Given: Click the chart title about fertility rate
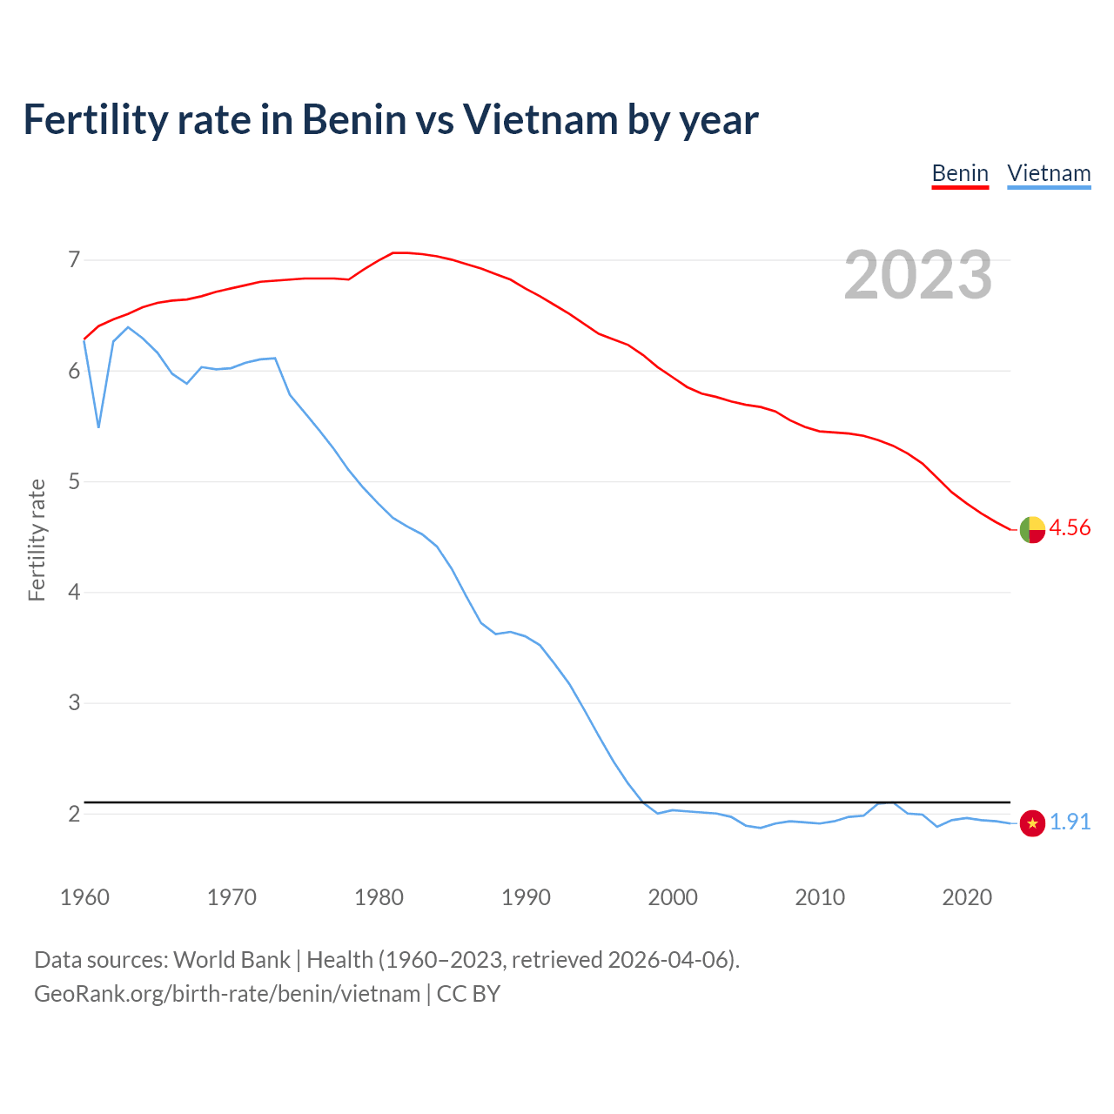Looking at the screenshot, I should (391, 119).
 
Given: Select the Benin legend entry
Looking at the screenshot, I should (960, 173).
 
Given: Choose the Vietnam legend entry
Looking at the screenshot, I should (1049, 173).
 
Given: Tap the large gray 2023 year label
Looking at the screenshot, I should (918, 275).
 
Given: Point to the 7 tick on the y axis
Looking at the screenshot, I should (74, 259).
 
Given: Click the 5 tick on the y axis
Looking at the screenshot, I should (74, 481).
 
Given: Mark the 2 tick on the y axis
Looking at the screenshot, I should (74, 814).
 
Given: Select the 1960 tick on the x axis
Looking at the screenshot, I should (84, 897).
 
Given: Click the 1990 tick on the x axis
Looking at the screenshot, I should (526, 897).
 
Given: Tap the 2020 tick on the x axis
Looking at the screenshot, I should (967, 897).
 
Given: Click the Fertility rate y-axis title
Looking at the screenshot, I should (37, 540).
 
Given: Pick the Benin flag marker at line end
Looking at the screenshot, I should (1032, 529).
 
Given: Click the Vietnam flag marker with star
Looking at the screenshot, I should (1032, 822).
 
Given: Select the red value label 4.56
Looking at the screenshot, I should (1070, 528).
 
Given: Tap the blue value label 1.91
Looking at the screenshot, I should (1070, 822).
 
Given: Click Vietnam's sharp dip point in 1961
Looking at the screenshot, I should (99, 427).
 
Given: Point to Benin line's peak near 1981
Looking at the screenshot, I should (393, 252).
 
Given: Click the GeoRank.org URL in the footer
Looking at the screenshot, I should (227, 994).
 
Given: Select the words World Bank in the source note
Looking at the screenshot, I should (232, 960).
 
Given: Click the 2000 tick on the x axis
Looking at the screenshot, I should (673, 897).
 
